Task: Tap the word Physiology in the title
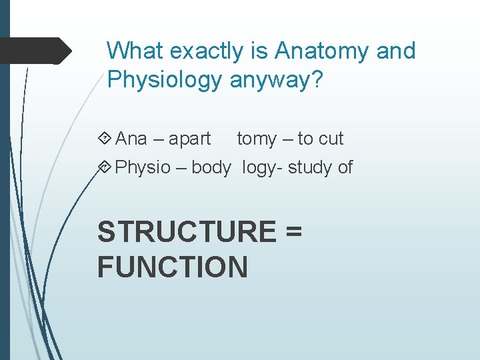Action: (164, 80)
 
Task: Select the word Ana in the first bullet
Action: (131, 139)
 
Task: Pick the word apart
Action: (189, 139)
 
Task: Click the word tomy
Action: (257, 139)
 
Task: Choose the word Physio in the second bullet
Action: (143, 167)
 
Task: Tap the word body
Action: (211, 167)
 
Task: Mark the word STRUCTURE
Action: (185, 231)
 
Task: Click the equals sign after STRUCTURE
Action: (293, 232)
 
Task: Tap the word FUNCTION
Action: (173, 267)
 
